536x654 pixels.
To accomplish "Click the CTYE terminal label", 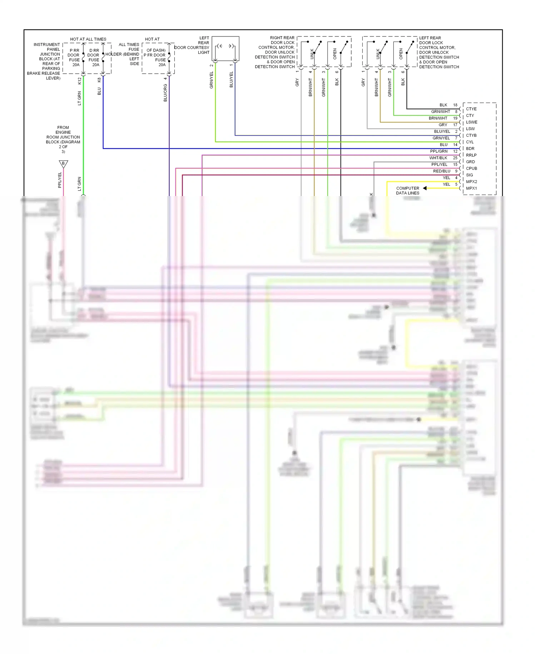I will click(471, 109).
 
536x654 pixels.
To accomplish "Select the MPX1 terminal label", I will click(471, 188).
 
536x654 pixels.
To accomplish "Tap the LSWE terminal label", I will click(471, 122).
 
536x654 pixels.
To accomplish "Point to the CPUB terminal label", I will click(471, 168).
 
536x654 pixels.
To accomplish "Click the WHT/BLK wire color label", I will click(438, 158).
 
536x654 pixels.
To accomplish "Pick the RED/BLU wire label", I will click(441, 171).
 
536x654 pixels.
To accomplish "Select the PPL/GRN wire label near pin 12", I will click(438, 151).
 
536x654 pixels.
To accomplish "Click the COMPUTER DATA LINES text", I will click(407, 190).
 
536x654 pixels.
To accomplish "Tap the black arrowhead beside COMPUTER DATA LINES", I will click(425, 188).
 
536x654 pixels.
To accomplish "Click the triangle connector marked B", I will click(63, 164).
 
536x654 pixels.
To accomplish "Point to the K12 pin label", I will click(79, 81).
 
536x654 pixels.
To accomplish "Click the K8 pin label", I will click(99, 80).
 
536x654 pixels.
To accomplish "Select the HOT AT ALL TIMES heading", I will click(88, 39).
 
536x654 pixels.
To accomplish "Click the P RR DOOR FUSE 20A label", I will click(74, 58).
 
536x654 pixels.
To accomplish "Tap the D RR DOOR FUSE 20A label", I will click(94, 58).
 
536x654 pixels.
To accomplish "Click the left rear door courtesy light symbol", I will click(225, 48).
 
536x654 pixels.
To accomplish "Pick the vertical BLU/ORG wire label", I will click(165, 93).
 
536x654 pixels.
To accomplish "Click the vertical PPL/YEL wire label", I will click(60, 180).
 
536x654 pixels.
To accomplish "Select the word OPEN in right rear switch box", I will click(335, 54).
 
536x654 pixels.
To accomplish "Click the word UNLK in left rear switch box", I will click(378, 54).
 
